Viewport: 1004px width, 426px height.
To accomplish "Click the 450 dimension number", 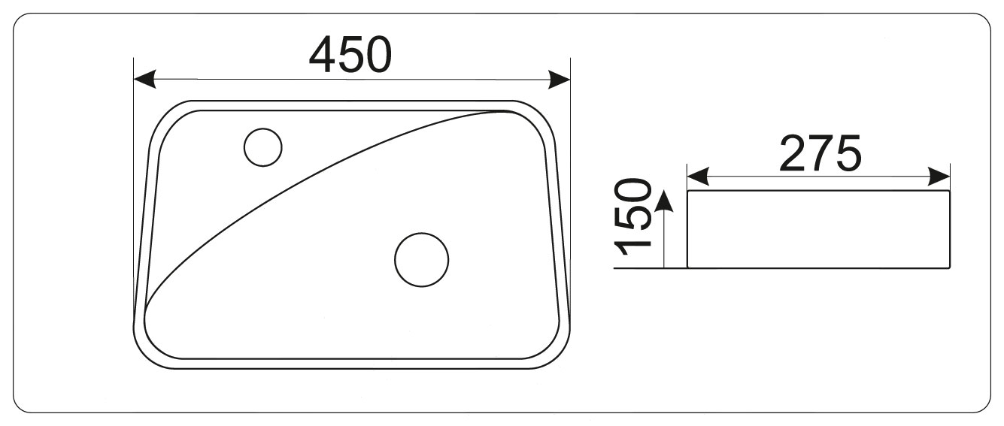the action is tap(350, 55).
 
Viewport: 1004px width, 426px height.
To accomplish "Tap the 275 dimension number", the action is tap(820, 153).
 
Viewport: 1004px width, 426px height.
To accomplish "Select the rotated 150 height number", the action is tap(632, 216).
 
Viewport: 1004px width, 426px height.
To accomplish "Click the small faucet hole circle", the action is tap(263, 147).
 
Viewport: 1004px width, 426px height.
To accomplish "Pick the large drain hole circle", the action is tap(422, 260).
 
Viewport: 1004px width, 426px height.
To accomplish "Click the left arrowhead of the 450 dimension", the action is tap(145, 80).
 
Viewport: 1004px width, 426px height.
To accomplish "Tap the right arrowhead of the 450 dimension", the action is tap(560, 80).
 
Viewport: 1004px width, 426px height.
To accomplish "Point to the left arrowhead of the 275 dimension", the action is tap(698, 177).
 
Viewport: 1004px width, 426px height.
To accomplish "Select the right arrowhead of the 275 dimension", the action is tap(939, 177).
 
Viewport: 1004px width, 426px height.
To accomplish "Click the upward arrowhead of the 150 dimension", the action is tap(664, 200).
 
